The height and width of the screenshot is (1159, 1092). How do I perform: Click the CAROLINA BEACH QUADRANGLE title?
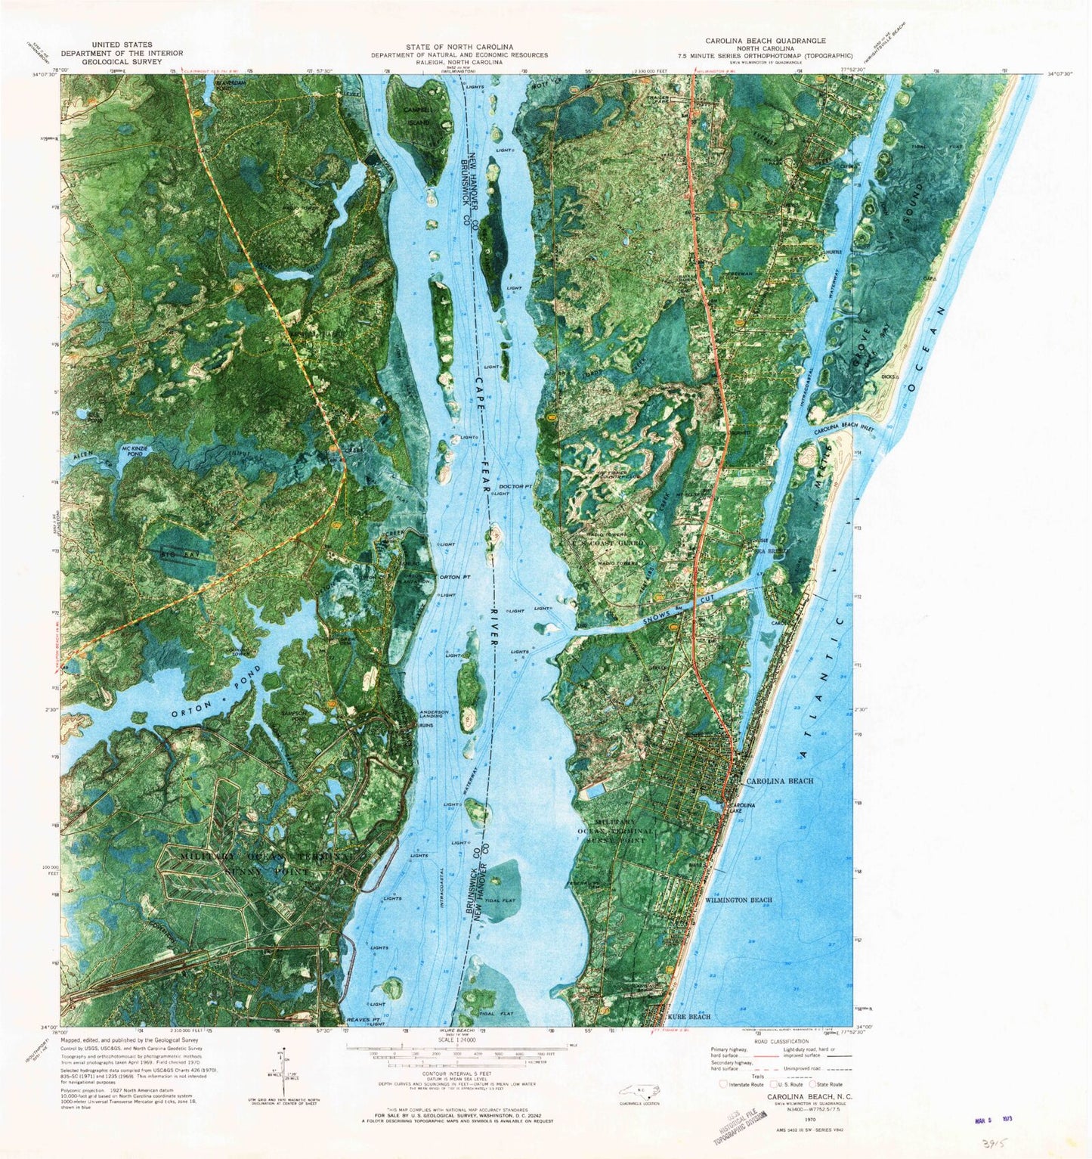[766, 40]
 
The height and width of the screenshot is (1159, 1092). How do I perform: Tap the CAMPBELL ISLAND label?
[416, 116]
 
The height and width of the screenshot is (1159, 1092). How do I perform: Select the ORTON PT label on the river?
[455, 578]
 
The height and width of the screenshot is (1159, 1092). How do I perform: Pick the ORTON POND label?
[216, 694]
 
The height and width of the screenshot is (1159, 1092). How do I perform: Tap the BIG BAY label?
[174, 555]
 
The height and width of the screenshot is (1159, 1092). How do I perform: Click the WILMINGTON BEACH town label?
[738, 900]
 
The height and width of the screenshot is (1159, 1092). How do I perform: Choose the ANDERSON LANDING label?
[434, 714]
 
